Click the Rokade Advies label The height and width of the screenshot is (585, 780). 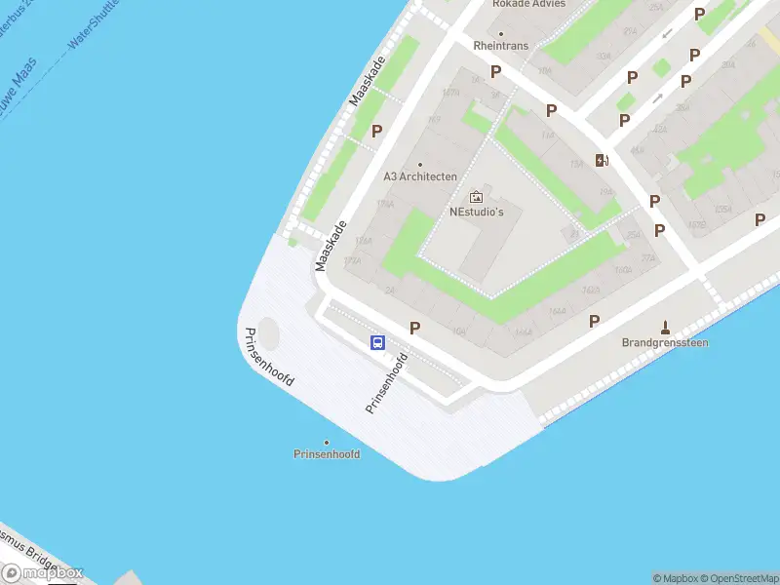528,4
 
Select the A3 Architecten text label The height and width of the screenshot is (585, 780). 420,176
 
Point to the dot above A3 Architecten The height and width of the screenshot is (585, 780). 420,164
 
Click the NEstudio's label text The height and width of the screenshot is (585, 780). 476,212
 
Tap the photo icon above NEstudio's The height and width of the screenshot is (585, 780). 476,197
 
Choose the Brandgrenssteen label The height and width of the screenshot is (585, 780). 665,343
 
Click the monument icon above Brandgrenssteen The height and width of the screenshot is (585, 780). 666,327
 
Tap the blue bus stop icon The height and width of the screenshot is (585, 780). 377,342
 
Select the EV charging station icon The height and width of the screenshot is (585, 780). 603,161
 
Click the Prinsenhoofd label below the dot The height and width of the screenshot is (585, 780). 327,454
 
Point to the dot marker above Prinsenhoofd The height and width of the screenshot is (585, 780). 327,442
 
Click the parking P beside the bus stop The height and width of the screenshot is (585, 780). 415,329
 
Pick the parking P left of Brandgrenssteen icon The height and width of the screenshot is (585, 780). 594,321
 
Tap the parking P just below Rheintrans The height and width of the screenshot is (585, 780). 495,71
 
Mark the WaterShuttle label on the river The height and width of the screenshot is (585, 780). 93,23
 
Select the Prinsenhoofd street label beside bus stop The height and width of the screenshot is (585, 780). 385,382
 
